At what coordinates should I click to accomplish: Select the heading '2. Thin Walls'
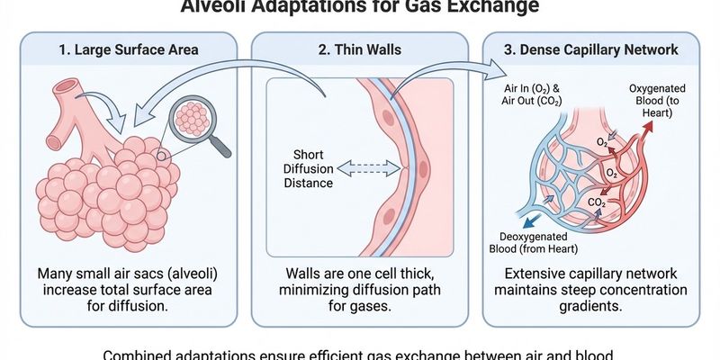(x=359, y=49)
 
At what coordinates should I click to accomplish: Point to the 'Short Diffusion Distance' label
(x=308, y=168)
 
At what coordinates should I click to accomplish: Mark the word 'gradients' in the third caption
(x=596, y=307)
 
